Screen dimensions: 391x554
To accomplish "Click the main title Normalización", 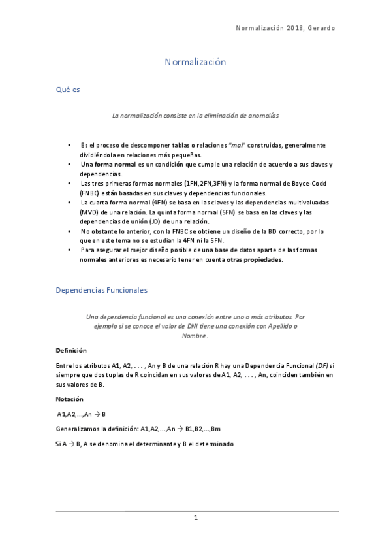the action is pos(195,62).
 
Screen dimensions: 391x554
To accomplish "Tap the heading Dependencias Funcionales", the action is pos(101,289).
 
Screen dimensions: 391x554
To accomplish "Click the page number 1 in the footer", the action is pos(195,518).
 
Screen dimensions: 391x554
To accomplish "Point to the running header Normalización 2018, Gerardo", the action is pos(285,29).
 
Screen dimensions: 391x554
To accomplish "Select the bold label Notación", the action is pos(69,397).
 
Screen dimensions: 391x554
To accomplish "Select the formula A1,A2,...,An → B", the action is pos(82,414).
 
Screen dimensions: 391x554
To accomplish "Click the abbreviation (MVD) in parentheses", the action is pos(91,212).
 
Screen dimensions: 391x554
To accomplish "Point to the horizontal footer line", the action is pos(195,510).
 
